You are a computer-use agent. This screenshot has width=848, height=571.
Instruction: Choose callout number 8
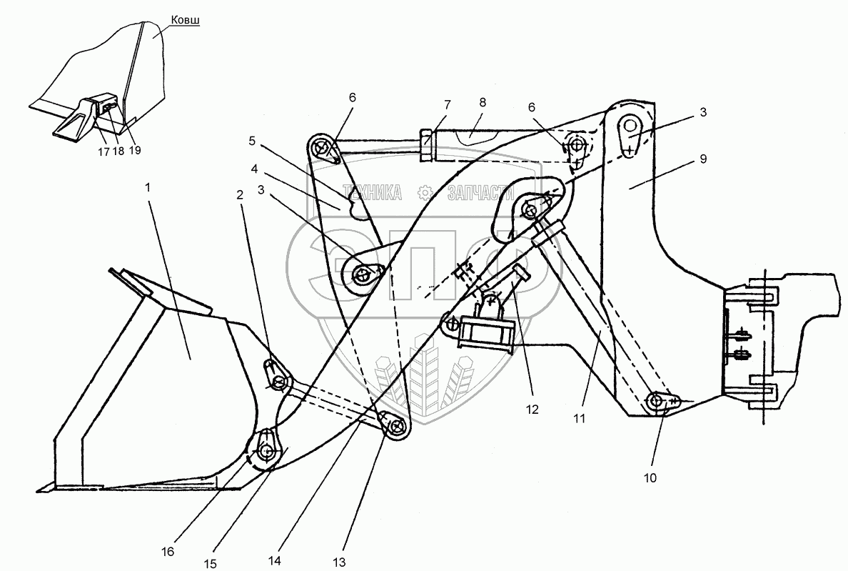coord(483,102)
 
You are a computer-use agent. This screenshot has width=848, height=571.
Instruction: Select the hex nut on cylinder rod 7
coord(426,137)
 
